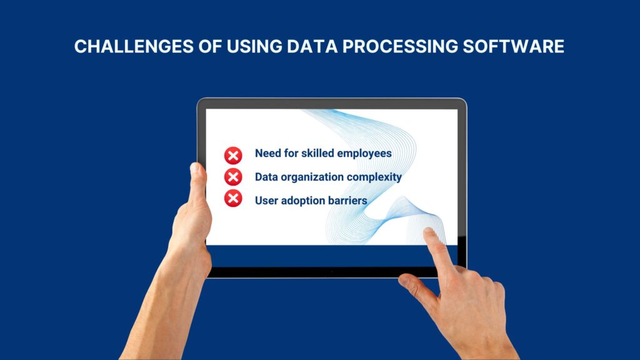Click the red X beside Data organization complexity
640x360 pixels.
(233, 177)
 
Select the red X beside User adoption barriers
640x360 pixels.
(233, 199)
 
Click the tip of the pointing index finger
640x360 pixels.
(429, 233)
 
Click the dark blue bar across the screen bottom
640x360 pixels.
(331, 255)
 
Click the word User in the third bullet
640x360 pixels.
(267, 201)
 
